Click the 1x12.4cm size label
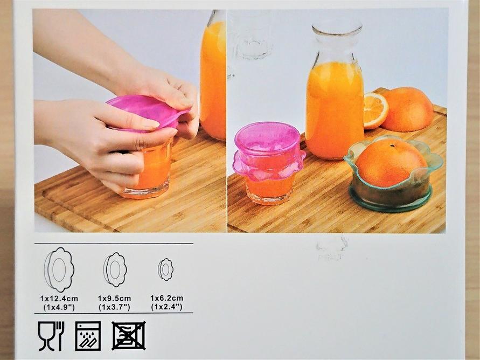(59, 299)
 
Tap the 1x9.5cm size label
(115, 298)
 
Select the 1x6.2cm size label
(167, 298)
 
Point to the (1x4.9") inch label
(59, 307)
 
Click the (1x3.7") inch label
(115, 307)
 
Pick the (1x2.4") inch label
(167, 307)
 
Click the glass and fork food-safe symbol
(51, 336)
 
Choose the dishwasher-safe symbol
(88, 336)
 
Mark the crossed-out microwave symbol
(129, 336)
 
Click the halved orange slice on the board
(375, 110)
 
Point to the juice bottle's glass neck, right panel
(336, 46)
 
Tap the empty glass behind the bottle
(250, 35)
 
